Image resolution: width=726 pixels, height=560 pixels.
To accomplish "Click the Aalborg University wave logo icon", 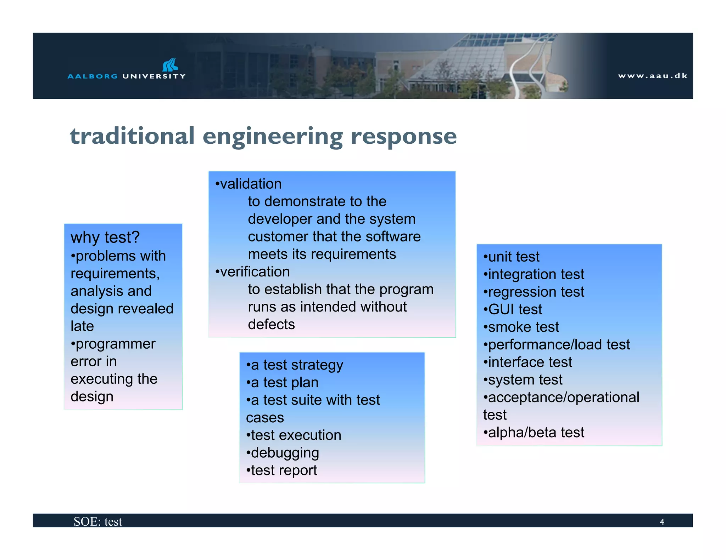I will point(170,65).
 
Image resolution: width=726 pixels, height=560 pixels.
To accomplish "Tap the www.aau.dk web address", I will point(653,76).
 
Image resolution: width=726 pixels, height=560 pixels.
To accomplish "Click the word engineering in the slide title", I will point(273,137).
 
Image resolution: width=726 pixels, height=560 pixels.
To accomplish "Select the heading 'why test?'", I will point(105,237).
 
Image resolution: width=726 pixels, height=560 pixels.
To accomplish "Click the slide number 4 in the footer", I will point(661,522).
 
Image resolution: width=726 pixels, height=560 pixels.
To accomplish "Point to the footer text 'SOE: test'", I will point(98,521).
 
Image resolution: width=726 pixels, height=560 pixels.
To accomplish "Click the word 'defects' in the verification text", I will point(271,325).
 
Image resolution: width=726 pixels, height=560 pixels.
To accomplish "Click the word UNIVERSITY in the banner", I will point(154,76).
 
